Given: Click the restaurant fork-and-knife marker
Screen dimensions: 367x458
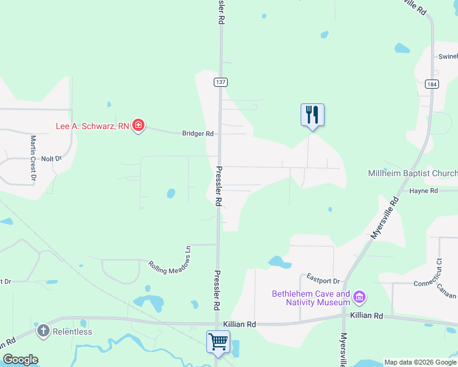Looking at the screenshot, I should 312,114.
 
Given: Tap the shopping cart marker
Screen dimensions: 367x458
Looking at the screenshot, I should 219,342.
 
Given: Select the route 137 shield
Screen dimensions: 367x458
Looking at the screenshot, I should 220,82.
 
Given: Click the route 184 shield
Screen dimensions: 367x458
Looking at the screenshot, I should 431,84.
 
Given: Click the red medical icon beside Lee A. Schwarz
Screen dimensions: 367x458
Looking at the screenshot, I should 138,126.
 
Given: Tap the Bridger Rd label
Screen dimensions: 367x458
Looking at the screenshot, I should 197,133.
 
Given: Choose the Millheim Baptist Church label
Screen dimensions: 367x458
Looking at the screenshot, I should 412,174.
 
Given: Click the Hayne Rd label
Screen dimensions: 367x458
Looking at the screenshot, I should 424,191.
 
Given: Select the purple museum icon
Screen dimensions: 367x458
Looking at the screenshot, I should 359,298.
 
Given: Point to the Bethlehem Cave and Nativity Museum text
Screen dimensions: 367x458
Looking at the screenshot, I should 311,298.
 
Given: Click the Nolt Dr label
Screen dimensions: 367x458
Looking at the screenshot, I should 51,158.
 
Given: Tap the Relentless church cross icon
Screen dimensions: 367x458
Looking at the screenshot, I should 43,332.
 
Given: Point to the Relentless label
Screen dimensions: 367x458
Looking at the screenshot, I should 72,332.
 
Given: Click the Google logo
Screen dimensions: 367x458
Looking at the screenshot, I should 20,360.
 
